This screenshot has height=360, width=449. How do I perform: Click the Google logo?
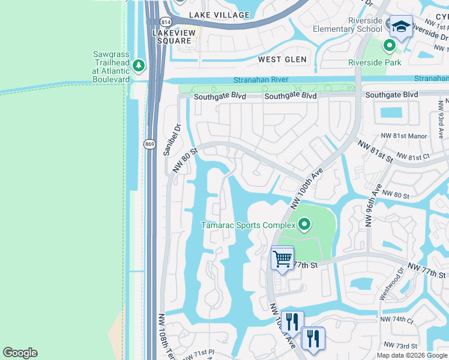tap(20, 353)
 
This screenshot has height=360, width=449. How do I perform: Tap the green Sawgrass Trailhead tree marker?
tap(139, 64)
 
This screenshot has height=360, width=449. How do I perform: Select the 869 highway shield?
tap(149, 144)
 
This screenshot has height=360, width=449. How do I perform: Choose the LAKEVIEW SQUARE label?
tap(172, 37)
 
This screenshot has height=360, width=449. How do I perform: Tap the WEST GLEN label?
tap(282, 59)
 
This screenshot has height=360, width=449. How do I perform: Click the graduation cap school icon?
tap(400, 26)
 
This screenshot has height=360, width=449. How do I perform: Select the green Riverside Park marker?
tap(389, 45)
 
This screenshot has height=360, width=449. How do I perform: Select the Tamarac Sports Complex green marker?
tap(304, 225)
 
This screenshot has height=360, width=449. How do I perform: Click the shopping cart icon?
tap(282, 259)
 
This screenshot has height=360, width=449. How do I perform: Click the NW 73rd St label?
tap(400, 346)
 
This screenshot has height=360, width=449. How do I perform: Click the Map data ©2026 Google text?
tap(412, 355)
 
